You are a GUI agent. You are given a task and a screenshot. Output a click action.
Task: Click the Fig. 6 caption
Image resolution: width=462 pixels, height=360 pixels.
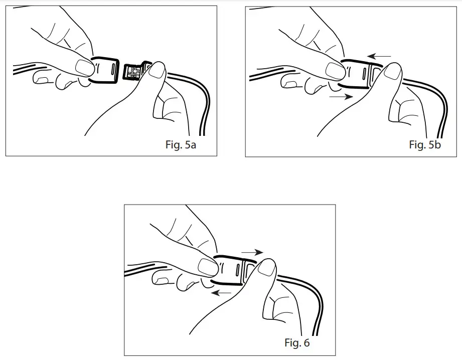(297, 343)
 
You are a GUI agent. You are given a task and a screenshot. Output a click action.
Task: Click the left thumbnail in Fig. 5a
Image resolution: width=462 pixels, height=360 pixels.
(83, 67)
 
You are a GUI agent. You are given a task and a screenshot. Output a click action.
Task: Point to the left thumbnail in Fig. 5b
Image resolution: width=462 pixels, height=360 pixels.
(334, 71)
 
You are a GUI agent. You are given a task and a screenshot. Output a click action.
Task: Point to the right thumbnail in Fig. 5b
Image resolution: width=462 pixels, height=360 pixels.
(393, 72)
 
